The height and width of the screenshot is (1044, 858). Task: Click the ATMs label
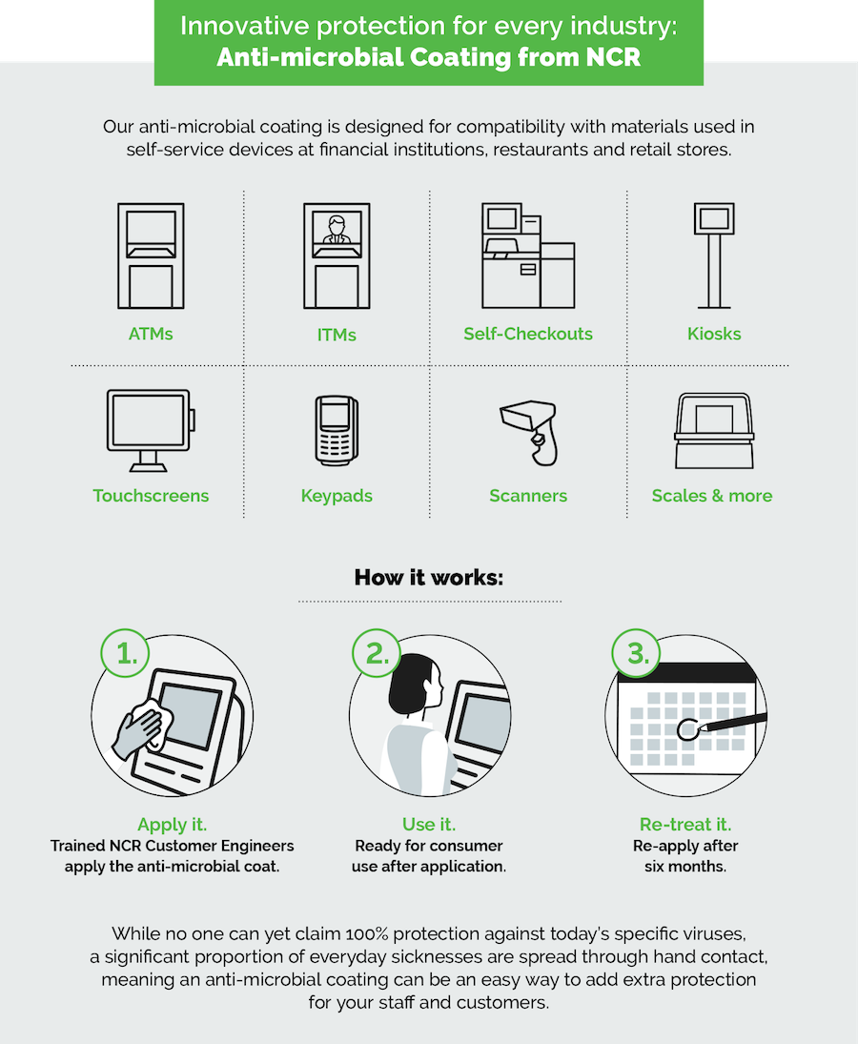pyautogui.click(x=151, y=334)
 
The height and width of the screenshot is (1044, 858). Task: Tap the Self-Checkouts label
pyautogui.click(x=528, y=334)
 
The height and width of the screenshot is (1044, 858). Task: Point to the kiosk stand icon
pyautogui.click(x=714, y=255)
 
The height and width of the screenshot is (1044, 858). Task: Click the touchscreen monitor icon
pyautogui.click(x=150, y=429)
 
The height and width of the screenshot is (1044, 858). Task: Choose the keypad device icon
pyautogui.click(x=336, y=429)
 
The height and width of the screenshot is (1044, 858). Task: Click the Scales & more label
pyautogui.click(x=712, y=496)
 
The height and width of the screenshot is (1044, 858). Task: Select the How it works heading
pyautogui.click(x=429, y=578)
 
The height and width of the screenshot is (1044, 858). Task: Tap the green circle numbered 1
pyautogui.click(x=126, y=654)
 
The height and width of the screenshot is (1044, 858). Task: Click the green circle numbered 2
pyautogui.click(x=378, y=654)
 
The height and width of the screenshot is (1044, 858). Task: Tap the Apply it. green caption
pyautogui.click(x=172, y=825)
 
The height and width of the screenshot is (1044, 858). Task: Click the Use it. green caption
pyautogui.click(x=429, y=825)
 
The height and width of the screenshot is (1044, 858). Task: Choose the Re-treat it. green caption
pyautogui.click(x=685, y=825)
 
